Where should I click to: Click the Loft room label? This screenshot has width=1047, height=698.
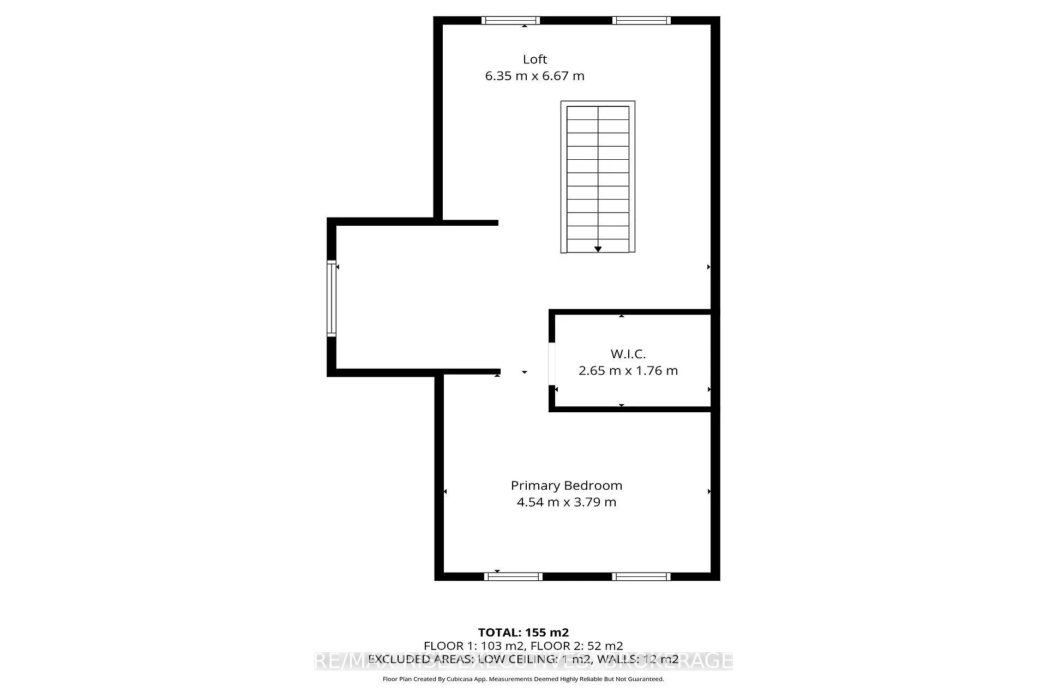[534, 59]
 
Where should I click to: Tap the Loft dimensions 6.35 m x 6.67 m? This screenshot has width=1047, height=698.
[534, 76]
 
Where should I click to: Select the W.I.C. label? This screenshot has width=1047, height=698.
[628, 354]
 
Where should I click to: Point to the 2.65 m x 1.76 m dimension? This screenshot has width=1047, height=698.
[628, 371]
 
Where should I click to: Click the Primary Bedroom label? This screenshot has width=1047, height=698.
[566, 485]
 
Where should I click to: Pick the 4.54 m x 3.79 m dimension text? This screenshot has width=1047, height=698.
[566, 502]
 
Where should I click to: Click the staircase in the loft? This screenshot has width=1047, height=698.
[598, 174]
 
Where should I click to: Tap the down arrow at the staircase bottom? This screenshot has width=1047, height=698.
[598, 249]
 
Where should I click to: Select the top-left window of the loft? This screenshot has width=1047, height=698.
[510, 21]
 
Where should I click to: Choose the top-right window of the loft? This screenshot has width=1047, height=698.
[641, 21]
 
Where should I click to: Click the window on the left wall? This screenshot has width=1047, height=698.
[331, 298]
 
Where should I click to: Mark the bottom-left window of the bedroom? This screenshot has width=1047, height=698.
[513, 576]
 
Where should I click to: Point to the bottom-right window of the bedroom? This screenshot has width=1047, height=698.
[641, 576]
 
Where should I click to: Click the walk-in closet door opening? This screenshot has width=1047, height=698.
[552, 363]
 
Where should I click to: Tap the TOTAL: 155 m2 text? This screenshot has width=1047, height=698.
[523, 633]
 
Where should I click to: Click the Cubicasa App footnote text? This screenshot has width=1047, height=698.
[523, 679]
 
